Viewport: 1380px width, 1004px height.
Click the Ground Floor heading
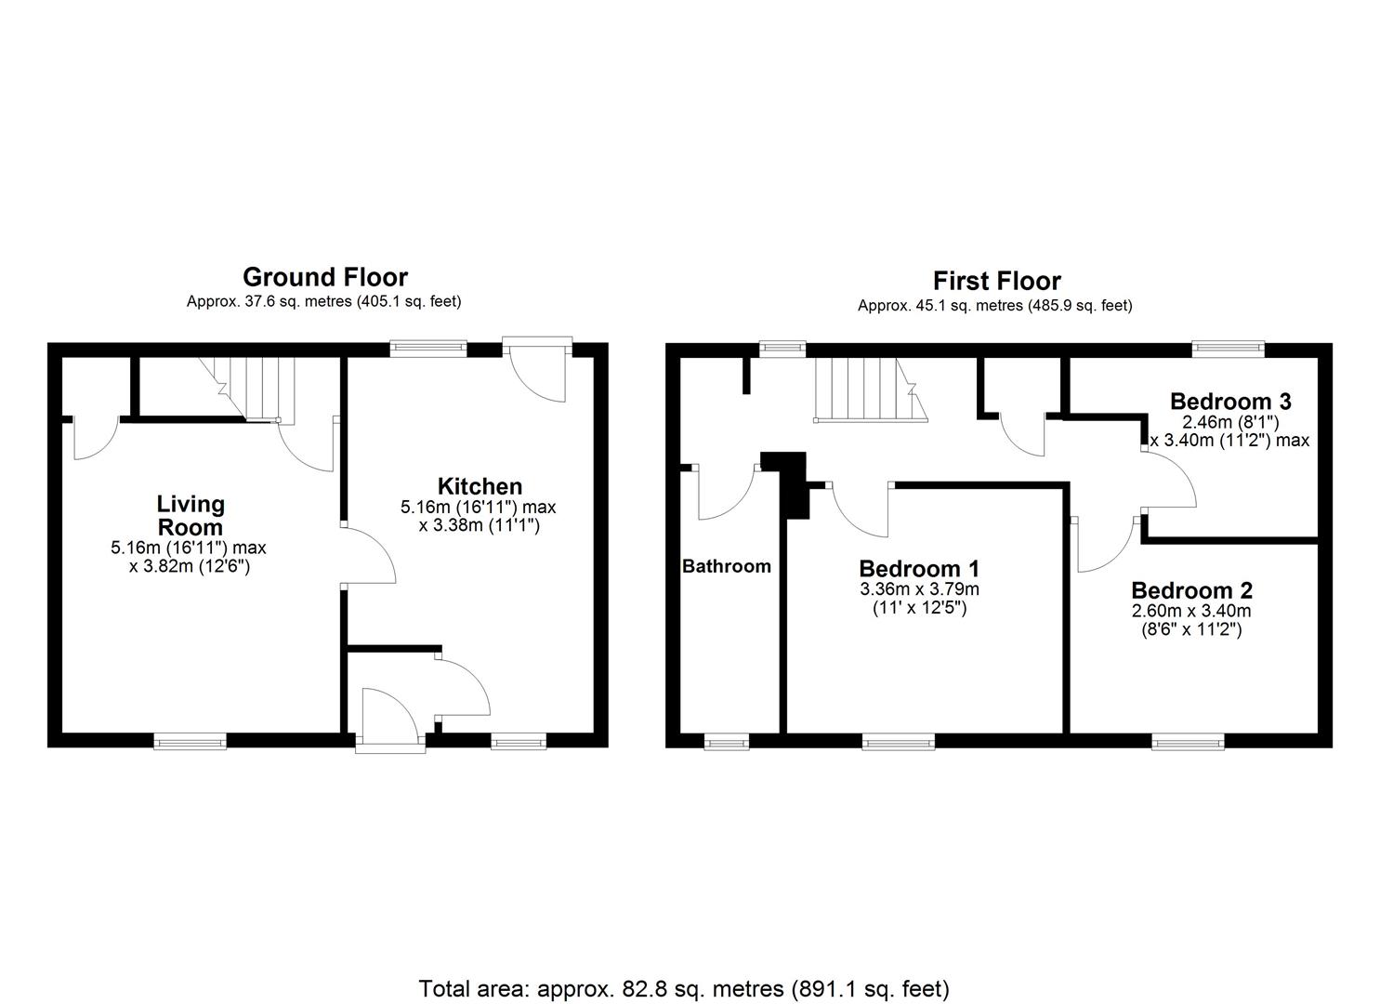[x=324, y=277]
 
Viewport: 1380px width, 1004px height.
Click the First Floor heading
[x=996, y=281]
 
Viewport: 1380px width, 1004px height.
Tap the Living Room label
[x=191, y=515]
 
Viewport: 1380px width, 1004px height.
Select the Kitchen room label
[x=480, y=486]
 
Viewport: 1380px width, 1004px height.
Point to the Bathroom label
[x=727, y=566]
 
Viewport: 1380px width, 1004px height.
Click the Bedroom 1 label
[x=919, y=569]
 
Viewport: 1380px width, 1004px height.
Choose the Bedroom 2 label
[x=1191, y=590]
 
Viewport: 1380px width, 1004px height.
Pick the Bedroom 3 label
[x=1229, y=402]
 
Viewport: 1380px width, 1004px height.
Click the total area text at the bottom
[x=684, y=988]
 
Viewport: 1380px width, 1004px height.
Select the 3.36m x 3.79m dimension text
[x=919, y=589]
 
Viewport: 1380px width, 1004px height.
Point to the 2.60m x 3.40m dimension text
[x=1191, y=611]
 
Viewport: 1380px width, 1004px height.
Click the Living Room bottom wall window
[x=190, y=741]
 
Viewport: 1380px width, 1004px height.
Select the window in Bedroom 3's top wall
[x=1229, y=349]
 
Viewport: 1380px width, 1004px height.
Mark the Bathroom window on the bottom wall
[x=726, y=741]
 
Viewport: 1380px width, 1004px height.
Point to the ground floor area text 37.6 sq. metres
[x=323, y=301]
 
